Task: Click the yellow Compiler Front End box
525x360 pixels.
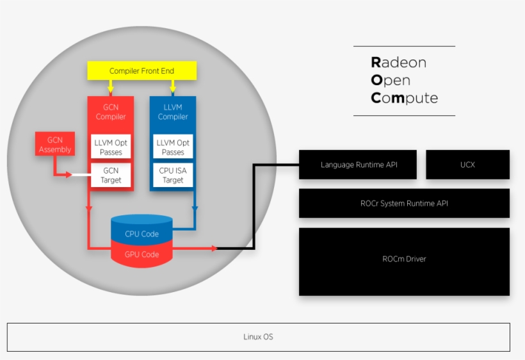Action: (141, 70)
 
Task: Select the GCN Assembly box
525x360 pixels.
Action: (55, 145)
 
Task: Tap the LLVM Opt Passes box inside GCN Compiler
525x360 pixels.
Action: (111, 147)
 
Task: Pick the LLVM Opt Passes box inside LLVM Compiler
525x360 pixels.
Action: (173, 147)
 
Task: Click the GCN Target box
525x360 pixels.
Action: (111, 176)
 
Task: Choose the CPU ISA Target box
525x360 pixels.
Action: (173, 176)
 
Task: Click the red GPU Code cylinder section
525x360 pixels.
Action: (141, 254)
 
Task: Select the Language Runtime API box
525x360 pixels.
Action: (359, 165)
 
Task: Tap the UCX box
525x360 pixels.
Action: (467, 165)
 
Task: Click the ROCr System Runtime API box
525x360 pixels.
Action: (404, 204)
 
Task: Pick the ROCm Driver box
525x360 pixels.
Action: (404, 259)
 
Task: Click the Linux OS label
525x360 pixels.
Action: (258, 337)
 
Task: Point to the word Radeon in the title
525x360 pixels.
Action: (398, 63)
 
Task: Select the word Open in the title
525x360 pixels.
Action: (391, 81)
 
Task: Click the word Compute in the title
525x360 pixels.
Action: (404, 99)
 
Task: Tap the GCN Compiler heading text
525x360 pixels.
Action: (111, 112)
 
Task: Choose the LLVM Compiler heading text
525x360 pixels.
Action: (173, 112)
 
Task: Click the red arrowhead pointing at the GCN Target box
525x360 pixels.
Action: (68, 174)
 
